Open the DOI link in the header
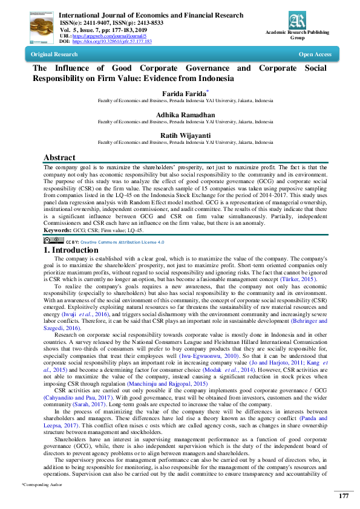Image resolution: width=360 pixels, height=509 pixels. click(112, 42)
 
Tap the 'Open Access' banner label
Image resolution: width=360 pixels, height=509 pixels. click(315, 54)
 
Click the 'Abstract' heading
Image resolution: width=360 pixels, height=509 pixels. click(59, 158)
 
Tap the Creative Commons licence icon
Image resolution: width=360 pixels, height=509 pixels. click(53, 241)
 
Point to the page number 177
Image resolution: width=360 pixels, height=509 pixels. click(343, 496)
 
